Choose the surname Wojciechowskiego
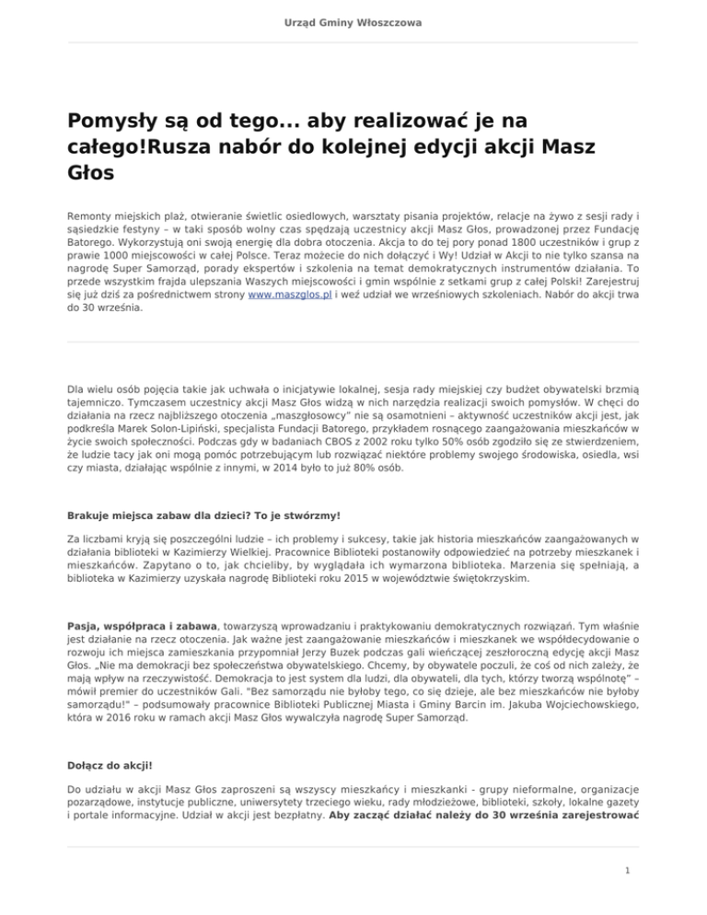[x=573, y=723]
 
